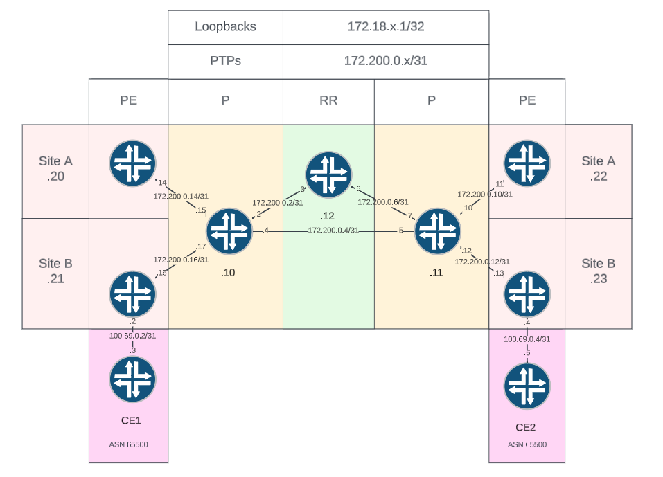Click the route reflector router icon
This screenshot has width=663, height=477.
pyautogui.click(x=328, y=174)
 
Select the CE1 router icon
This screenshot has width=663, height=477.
pyautogui.click(x=132, y=379)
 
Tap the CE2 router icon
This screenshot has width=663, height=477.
pyautogui.click(x=527, y=386)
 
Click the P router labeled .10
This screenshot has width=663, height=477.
pyautogui.click(x=229, y=231)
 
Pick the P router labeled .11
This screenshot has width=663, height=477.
pyautogui.click(x=437, y=231)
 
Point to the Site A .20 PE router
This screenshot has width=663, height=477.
pyautogui.click(x=132, y=163)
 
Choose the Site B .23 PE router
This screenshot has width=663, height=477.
pyautogui.click(x=527, y=294)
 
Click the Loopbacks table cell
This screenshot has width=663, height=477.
pyautogui.click(x=225, y=27)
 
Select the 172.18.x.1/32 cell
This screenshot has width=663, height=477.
pyautogui.click(x=385, y=27)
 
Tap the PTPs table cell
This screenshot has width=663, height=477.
pyautogui.click(x=225, y=61)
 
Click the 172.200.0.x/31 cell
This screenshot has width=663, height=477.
pyautogui.click(x=385, y=61)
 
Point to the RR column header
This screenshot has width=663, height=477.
pyautogui.click(x=328, y=100)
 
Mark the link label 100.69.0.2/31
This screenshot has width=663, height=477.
pyautogui.click(x=132, y=336)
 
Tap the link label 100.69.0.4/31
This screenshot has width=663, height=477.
pyautogui.click(x=527, y=339)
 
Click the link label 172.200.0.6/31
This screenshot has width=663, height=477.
pyautogui.click(x=382, y=202)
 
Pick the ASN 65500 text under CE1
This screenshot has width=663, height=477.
pyautogui.click(x=128, y=444)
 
